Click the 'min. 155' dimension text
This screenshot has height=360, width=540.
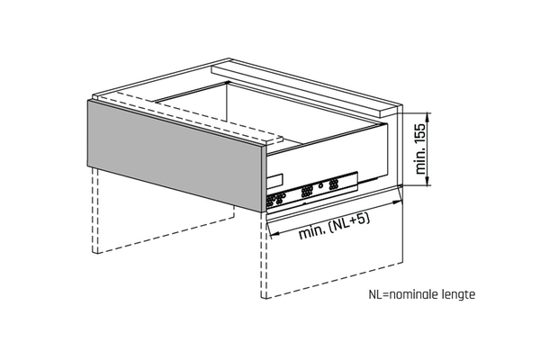pos(420,148)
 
